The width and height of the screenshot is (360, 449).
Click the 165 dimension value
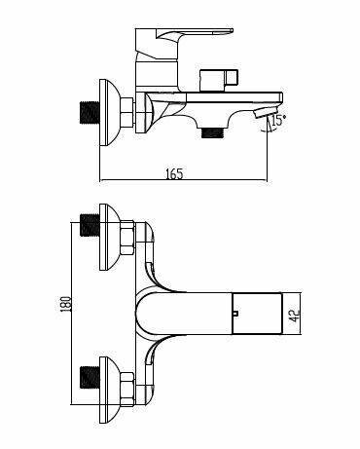[x=174, y=174]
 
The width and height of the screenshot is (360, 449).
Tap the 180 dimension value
[x=65, y=304]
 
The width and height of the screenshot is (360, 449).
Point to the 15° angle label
[x=278, y=121]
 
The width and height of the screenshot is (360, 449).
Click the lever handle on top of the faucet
[x=195, y=32]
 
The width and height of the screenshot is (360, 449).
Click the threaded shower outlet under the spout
[x=213, y=132]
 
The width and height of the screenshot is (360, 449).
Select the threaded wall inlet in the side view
[x=90, y=113]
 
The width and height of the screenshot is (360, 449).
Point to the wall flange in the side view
[x=110, y=112]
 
